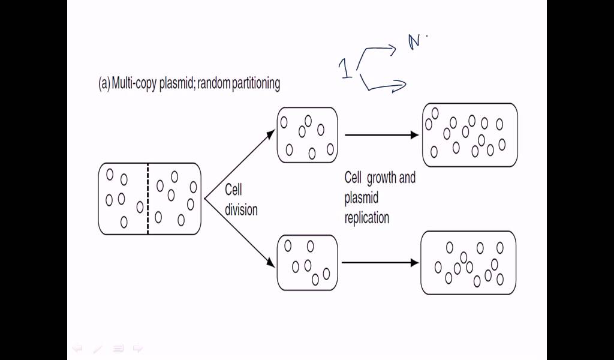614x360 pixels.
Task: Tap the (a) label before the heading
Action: tap(104, 83)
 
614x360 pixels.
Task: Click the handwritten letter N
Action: tap(414, 43)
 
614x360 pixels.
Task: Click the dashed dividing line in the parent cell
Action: tap(148, 199)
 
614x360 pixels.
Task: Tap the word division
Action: tap(241, 210)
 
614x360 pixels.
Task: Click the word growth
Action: tap(381, 178)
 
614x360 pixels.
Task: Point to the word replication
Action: tap(367, 217)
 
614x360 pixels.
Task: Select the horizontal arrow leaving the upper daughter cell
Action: tap(381, 135)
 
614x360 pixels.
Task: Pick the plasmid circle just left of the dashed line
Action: tap(140, 206)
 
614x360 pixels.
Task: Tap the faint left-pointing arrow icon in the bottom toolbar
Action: tap(77, 347)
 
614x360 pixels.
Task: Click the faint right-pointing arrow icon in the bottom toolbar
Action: tap(137, 347)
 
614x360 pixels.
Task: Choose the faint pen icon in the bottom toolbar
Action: tap(98, 347)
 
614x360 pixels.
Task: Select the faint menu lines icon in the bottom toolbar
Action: tap(118, 347)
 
